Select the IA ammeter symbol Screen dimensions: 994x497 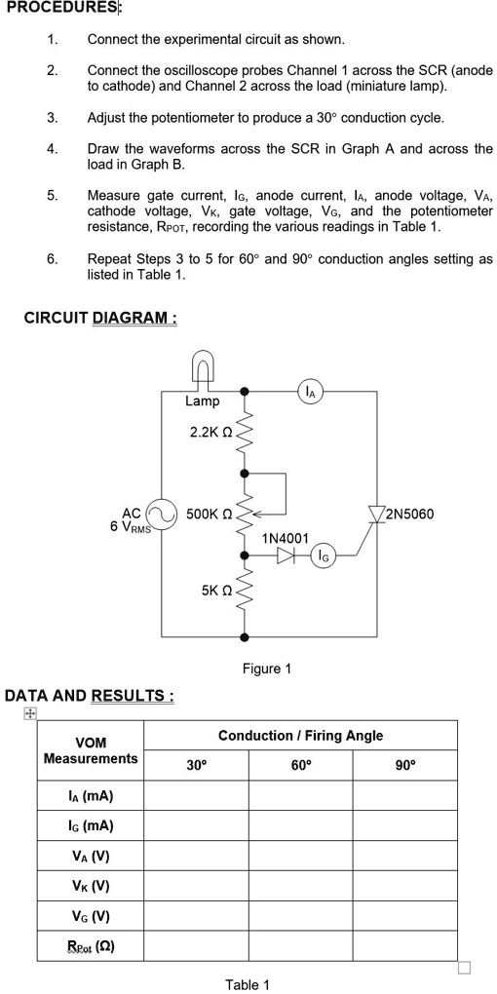[x=310, y=392]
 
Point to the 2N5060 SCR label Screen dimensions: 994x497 [x=410, y=514]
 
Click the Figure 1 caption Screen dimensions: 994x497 [x=266, y=669]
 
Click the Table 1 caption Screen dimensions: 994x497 [x=248, y=984]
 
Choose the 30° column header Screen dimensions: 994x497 [x=196, y=765]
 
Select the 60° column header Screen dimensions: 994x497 [x=300, y=765]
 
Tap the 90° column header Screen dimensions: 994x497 [x=404, y=765]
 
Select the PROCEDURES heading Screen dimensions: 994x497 [x=62, y=9]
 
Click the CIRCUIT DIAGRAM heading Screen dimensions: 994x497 [x=100, y=318]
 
